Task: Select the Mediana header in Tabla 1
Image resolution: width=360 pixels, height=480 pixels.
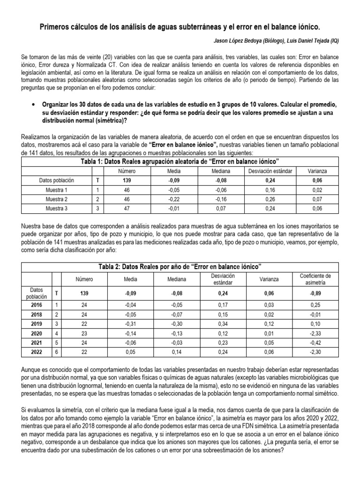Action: coord(216,171)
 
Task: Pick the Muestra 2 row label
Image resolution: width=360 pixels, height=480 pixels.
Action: coord(56,199)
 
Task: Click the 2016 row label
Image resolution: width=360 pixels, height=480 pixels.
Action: coord(36,305)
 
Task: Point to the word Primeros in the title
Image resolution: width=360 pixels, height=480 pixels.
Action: coord(54,28)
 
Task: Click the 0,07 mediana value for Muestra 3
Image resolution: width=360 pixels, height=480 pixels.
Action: coord(216,208)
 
